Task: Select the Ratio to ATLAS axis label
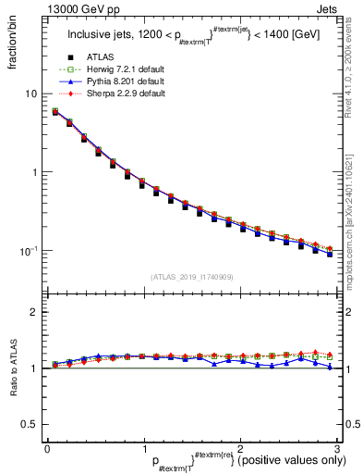[x=14, y=368]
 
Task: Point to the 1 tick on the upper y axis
[x=34, y=172]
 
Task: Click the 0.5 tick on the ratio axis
[x=30, y=424]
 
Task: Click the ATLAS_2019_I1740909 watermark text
[x=191, y=277]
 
